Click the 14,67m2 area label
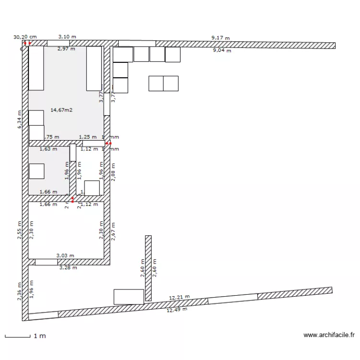pos(61,110)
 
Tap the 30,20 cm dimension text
pos(25,36)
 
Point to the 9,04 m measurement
pos(222,50)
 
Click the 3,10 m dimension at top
pos(67,36)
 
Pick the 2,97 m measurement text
pos(66,48)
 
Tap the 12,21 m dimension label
pos(179,298)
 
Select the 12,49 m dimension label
pos(177,310)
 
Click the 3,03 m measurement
pos(65,256)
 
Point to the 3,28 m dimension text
pos(68,268)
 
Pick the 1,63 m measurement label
pos(48,149)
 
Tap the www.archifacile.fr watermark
pos(329,336)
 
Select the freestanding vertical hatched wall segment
pos(148,268)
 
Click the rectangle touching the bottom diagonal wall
pos(129,297)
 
